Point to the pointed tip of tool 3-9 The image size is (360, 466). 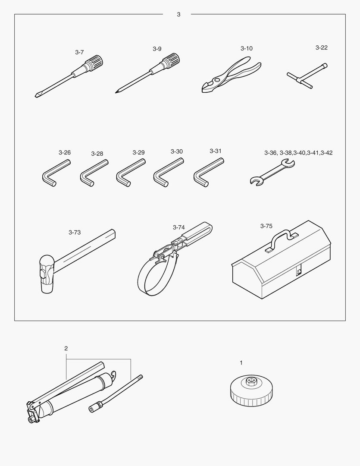click(116, 92)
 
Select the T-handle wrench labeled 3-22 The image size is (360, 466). click(307, 76)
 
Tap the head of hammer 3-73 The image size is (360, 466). click(47, 274)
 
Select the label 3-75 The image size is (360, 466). click(266, 226)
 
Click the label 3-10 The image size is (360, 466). click(247, 48)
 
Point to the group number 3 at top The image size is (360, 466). click(178, 14)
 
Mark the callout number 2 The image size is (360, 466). click(66, 348)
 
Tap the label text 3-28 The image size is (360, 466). click(97, 154)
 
